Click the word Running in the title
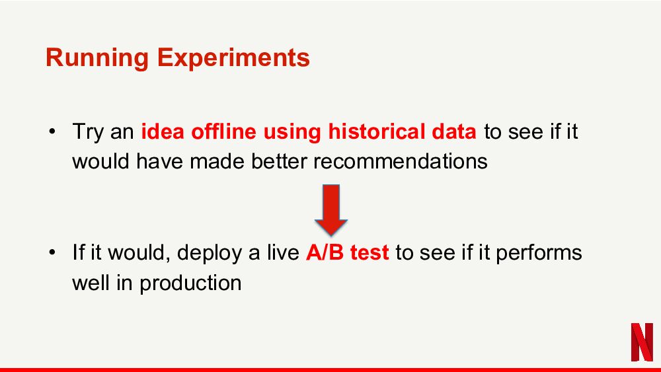coord(97,58)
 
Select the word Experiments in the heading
coord(233,58)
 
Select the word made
coord(217,161)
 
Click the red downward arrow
coord(331,210)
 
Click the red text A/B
coord(325,252)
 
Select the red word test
coord(369,253)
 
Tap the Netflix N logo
coord(642,342)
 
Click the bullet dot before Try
coord(52,131)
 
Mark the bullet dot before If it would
coord(52,253)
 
